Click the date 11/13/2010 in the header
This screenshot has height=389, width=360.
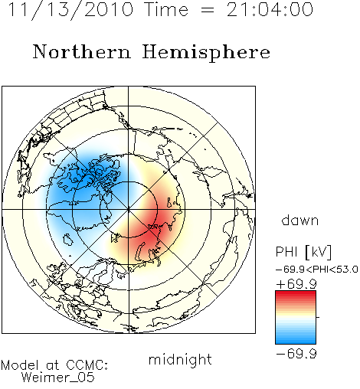(70, 10)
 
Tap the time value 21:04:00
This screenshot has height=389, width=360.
(270, 9)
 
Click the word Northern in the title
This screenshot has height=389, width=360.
(82, 52)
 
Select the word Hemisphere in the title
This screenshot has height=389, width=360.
(206, 53)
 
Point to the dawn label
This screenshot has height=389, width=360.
(300, 221)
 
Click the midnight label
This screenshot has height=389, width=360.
(180, 360)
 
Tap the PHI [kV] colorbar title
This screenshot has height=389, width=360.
(303, 252)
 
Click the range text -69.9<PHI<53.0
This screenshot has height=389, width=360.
(317, 270)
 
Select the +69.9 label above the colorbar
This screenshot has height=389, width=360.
(296, 284)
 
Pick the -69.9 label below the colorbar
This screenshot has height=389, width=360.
(296, 354)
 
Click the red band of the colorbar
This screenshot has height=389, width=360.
(296, 296)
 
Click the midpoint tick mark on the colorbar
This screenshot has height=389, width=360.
(318, 317)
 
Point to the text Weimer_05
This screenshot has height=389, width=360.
(58, 378)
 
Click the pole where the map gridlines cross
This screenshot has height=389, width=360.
(129, 210)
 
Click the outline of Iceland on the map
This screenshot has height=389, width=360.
(67, 240)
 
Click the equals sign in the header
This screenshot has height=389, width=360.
(208, 11)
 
